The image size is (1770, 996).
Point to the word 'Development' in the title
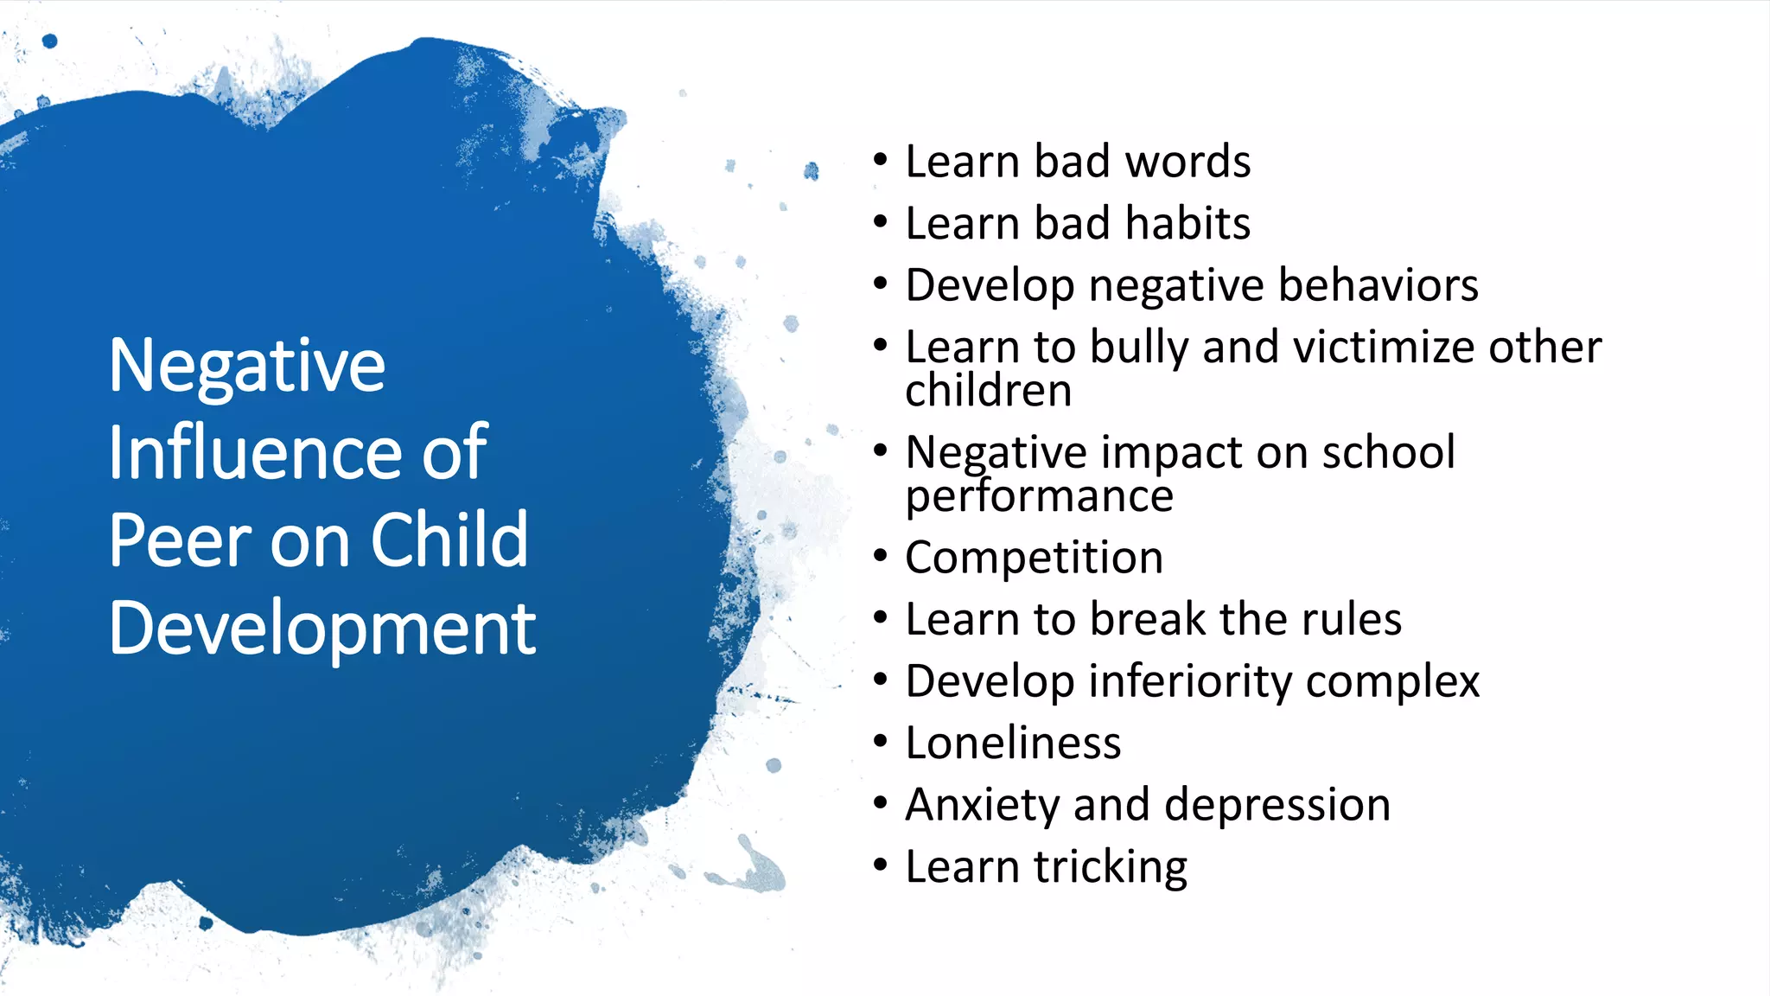click(322, 629)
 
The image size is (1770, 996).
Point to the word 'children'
click(989, 391)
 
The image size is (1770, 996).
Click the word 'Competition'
click(1035, 558)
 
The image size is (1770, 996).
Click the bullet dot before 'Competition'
click(881, 556)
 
